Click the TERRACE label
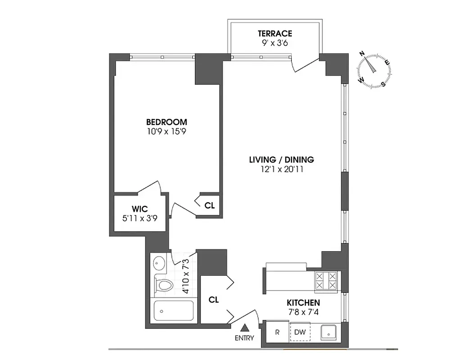click(x=275, y=34)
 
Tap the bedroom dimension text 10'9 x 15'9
click(x=166, y=132)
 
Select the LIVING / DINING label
click(x=281, y=160)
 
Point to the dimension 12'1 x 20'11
click(x=281, y=170)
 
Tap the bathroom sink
click(x=159, y=262)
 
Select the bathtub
click(x=173, y=311)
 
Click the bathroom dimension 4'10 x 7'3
click(x=185, y=279)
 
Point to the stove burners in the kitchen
click(x=326, y=281)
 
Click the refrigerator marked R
click(x=278, y=333)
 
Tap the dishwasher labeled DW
click(x=299, y=333)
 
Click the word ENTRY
click(x=244, y=338)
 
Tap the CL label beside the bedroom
click(x=209, y=206)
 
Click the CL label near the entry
click(x=214, y=300)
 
